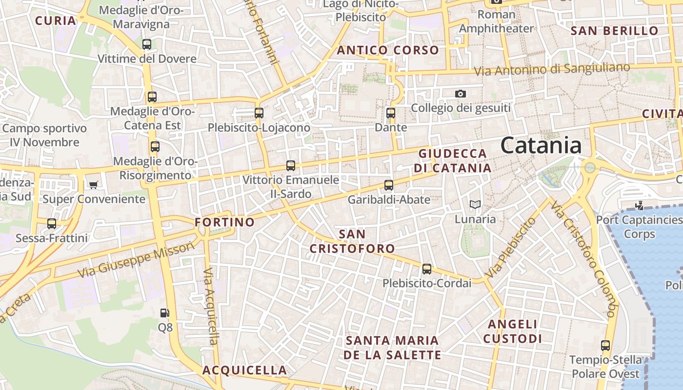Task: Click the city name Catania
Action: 541,145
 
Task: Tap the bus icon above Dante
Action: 390,113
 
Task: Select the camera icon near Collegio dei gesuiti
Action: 460,94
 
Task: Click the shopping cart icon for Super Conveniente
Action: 93,185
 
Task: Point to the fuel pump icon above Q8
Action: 165,313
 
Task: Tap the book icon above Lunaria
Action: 475,205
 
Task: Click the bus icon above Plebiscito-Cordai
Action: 427,269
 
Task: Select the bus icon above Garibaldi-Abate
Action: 388,185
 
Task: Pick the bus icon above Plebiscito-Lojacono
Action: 259,113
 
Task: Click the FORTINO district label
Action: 224,222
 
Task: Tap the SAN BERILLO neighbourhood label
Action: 614,31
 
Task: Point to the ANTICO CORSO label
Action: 388,50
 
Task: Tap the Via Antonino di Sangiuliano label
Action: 552,69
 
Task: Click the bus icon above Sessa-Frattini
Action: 52,224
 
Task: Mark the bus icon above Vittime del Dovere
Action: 146,44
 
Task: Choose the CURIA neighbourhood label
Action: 56,20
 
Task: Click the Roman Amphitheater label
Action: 496,21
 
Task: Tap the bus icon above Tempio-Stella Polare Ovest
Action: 605,346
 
